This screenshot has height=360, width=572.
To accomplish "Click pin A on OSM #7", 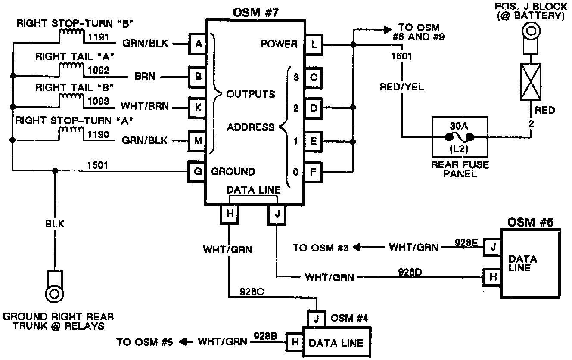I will (198, 43).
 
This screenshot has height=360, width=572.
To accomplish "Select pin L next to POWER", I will (313, 43).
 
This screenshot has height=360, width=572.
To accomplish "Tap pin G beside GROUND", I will (198, 171).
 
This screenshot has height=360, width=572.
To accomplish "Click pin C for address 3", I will (313, 77).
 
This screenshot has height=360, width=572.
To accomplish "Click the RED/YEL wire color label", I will (401, 87).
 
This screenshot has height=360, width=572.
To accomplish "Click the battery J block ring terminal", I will (530, 32).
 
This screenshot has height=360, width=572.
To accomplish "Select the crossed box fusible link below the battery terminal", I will (531, 81).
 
